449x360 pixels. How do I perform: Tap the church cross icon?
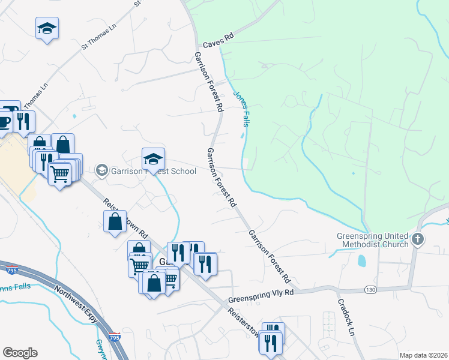(418, 240)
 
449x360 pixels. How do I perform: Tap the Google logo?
(20, 353)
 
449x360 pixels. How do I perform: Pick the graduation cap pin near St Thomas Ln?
(46, 28)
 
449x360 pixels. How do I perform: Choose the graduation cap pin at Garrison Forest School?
(153, 159)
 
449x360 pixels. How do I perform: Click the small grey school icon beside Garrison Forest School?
(101, 171)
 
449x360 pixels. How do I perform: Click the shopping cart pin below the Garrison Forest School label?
(60, 174)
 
